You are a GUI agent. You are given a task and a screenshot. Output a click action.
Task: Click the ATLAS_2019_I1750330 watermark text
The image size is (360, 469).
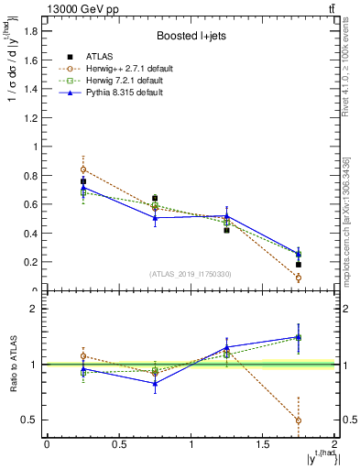pos(190,274)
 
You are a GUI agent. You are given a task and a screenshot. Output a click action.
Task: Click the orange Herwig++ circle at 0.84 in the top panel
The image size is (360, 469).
pos(83,169)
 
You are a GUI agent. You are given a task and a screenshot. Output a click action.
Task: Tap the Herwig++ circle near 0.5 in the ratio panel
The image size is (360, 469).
pos(299,420)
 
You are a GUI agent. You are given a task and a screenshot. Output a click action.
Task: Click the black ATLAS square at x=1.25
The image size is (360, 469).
pos(227,230)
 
